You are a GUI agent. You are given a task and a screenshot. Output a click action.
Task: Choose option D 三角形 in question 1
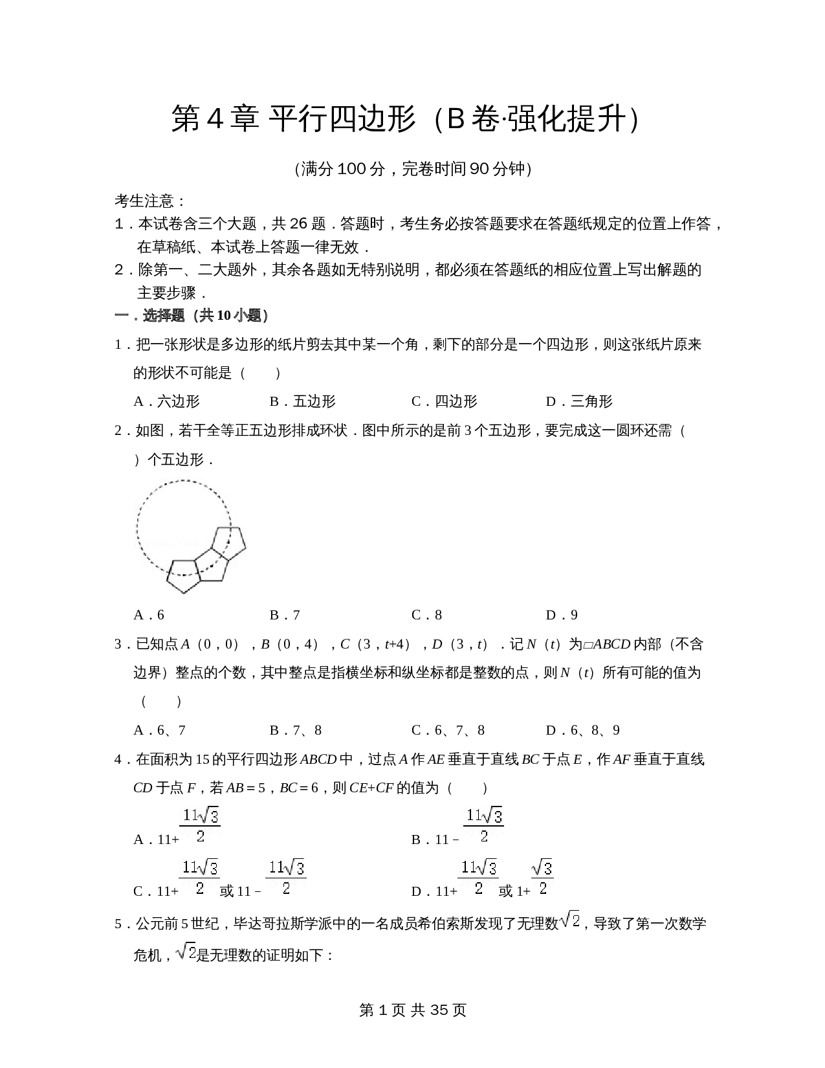point(579,401)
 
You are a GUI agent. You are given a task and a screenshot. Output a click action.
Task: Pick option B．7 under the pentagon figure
point(285,615)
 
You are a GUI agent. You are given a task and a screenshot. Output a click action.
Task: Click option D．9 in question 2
point(562,615)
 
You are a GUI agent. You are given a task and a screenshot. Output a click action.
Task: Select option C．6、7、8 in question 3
point(448,730)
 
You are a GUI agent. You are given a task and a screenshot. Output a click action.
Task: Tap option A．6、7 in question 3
point(160,730)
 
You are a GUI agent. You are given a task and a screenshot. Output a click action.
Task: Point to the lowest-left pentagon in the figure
point(184,575)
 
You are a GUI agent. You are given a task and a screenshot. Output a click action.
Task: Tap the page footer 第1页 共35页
point(412,1010)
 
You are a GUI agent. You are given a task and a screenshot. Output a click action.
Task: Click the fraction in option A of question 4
point(200,825)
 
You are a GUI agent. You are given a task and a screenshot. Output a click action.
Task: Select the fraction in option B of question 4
point(484,825)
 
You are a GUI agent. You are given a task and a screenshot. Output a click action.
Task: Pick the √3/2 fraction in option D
point(542,877)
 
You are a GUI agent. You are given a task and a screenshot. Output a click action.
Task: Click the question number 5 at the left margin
point(118,924)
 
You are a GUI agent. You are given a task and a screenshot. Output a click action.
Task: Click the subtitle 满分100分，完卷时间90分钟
point(412,169)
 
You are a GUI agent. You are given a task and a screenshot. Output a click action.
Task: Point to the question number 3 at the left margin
point(118,644)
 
